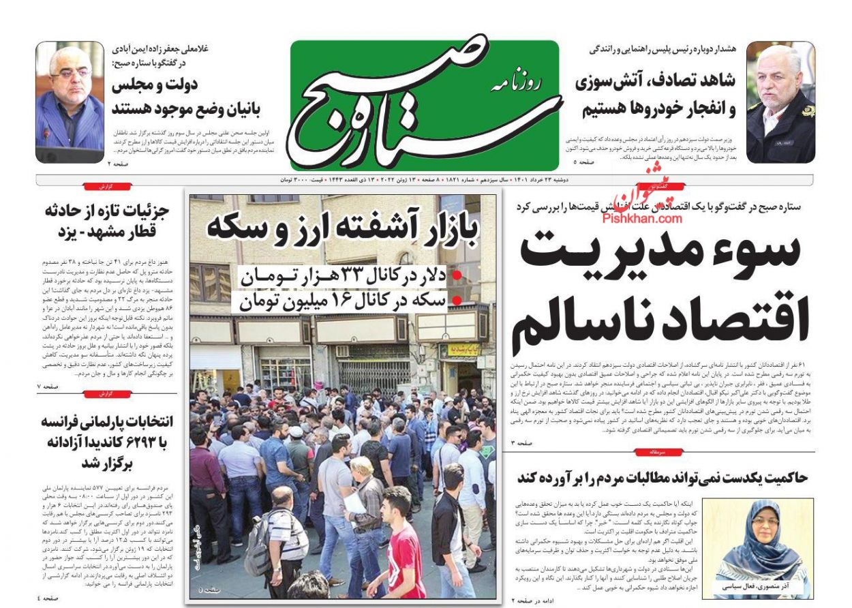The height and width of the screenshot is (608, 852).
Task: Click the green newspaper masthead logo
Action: (x=424, y=104)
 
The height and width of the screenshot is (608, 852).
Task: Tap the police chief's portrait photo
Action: (x=780, y=102)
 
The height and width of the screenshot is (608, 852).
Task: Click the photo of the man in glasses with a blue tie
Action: (x=70, y=102)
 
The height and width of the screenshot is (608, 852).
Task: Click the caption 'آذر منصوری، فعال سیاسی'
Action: (x=757, y=586)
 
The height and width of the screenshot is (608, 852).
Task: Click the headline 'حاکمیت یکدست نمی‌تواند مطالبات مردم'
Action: (x=662, y=477)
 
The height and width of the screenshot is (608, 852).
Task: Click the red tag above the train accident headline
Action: (x=107, y=186)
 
